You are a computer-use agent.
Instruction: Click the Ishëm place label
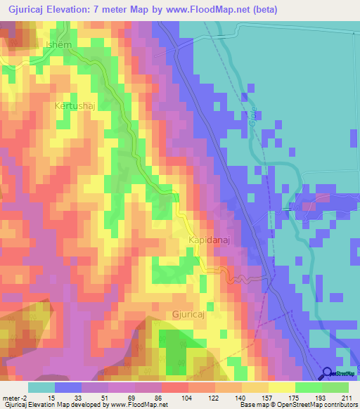pyautogui.click(x=58, y=45)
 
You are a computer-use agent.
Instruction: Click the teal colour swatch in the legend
pyautogui.click(x=41, y=387)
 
